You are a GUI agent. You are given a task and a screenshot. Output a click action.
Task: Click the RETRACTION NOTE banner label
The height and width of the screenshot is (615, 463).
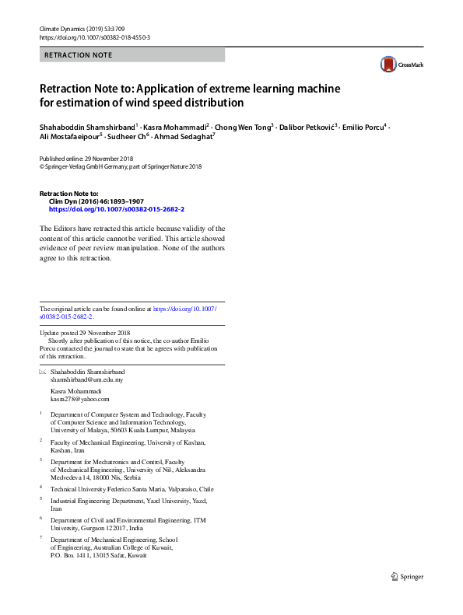pyautogui.click(x=79, y=55)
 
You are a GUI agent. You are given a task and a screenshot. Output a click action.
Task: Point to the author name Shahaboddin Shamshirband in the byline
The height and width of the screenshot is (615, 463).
pyautogui.click(x=86, y=126)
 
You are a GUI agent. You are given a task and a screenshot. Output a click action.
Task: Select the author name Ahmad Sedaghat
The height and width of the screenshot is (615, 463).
pyautogui.click(x=182, y=137)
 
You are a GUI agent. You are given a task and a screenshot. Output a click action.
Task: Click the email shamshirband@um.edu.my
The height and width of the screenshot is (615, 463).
pyautogui.click(x=86, y=380)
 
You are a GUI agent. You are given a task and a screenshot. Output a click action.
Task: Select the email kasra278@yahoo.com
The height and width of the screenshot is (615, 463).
pyautogui.click(x=80, y=399)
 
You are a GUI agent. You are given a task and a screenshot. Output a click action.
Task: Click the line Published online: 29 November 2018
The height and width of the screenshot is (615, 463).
pyautogui.click(x=86, y=158)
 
